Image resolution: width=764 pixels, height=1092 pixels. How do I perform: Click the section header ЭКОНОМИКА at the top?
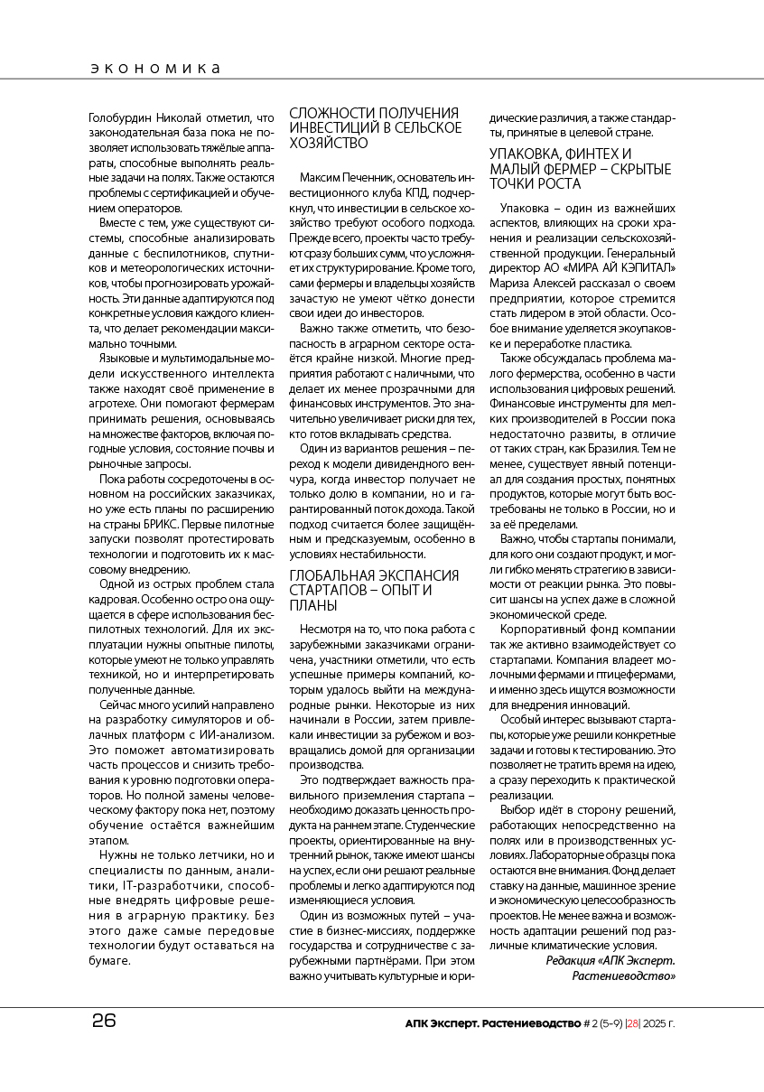tap(157, 68)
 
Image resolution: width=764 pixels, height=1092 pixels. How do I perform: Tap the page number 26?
tap(104, 1022)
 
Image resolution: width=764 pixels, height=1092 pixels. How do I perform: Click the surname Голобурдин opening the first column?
tap(124, 117)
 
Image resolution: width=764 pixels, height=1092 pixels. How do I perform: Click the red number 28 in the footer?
tap(633, 1022)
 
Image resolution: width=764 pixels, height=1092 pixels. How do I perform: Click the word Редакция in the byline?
tap(571, 960)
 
